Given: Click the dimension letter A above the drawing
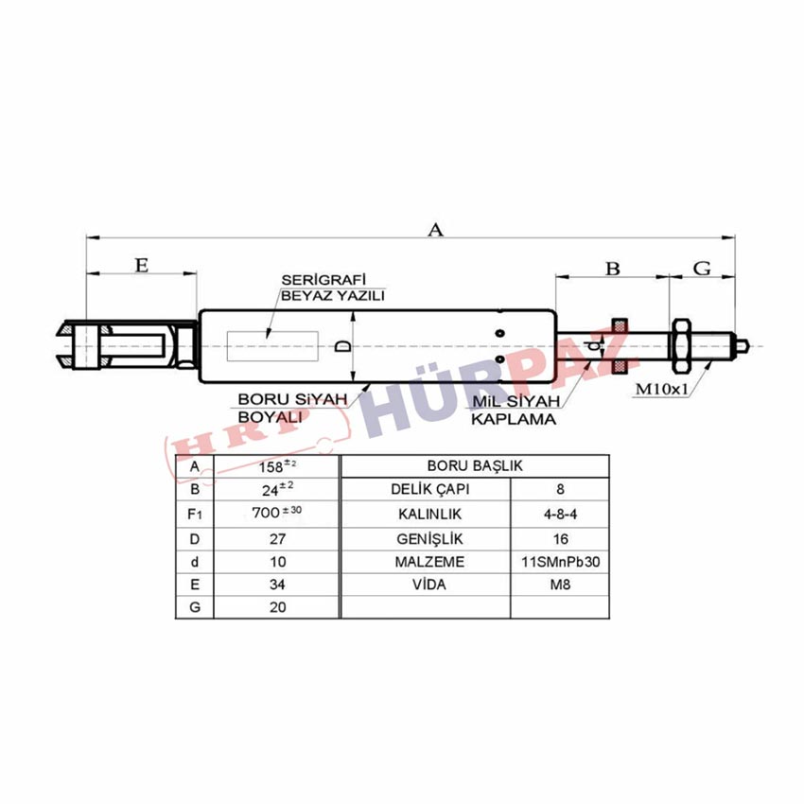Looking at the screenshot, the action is [435, 229].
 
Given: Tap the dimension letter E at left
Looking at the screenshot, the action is [142, 265].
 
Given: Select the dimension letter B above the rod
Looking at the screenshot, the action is [613, 269].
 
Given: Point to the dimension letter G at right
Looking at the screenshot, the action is [702, 269].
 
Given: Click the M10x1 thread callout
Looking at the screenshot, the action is [661, 389].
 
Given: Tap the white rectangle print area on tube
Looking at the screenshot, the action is [272, 346].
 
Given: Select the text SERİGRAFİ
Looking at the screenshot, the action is [323, 280].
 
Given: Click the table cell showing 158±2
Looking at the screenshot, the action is [277, 466].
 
